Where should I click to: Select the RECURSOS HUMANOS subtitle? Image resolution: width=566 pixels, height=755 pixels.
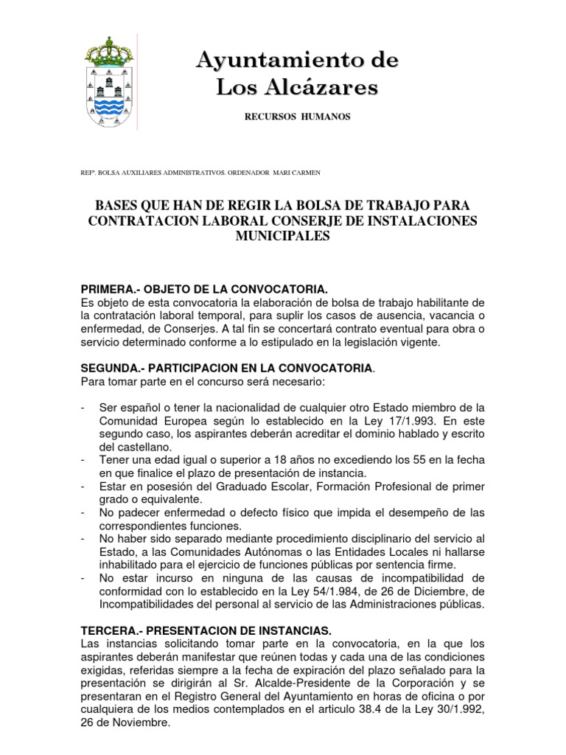click(297, 117)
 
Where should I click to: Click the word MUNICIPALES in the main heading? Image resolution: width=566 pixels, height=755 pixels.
click(283, 236)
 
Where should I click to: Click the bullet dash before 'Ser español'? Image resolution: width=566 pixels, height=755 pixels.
click(83, 408)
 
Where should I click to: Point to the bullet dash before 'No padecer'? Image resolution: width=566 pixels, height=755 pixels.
click(83, 512)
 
